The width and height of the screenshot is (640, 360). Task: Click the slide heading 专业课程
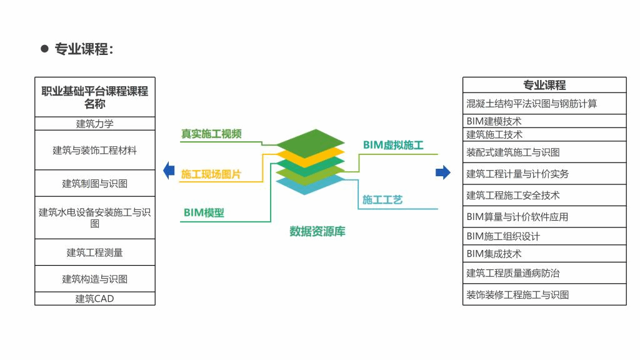tap(82, 49)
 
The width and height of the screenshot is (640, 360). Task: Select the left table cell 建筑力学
tap(95, 124)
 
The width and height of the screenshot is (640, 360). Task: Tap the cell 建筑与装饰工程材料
tap(95, 150)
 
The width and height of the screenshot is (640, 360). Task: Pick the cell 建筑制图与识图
tap(95, 183)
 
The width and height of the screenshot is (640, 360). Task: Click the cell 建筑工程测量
tap(95, 252)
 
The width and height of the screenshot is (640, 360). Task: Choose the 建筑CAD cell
tap(95, 299)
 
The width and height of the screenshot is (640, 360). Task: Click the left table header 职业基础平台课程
tap(95, 97)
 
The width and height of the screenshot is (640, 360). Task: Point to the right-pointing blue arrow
tap(443, 172)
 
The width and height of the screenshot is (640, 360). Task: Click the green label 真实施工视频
tap(211, 134)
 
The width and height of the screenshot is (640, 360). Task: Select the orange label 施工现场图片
tap(211, 174)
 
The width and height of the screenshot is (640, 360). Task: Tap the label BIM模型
tap(204, 213)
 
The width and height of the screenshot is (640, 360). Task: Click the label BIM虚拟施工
tap(393, 145)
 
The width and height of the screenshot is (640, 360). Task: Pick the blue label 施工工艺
tap(382, 200)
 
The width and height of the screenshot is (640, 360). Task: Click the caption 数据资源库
tap(317, 231)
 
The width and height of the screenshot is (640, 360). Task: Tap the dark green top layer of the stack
tap(311, 141)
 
